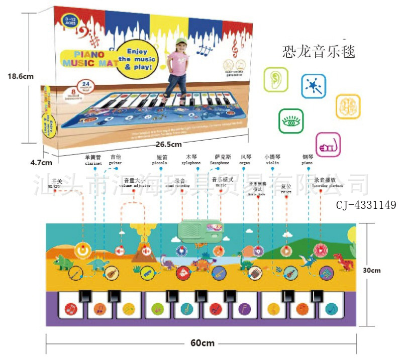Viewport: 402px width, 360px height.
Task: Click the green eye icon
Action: [291, 121]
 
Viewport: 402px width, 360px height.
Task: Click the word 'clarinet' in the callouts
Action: [93, 163]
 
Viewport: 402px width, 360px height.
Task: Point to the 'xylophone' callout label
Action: [191, 163]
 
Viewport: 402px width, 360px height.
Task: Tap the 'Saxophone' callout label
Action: [220, 163]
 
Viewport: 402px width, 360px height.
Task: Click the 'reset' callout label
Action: [286, 192]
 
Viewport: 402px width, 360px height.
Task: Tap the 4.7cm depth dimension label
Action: [41, 162]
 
